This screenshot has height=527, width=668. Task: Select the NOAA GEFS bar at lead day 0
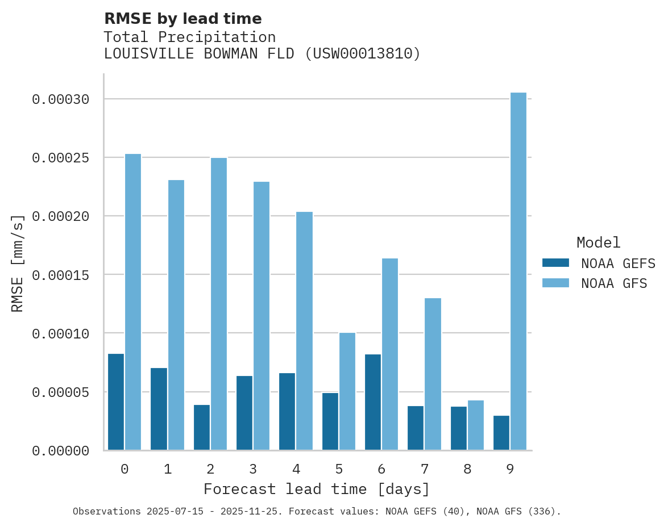(116, 402)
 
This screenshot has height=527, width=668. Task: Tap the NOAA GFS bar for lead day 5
(347, 391)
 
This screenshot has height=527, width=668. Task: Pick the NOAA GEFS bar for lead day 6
(373, 402)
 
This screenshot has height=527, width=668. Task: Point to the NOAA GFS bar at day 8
(476, 425)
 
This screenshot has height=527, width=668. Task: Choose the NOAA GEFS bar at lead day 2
(202, 428)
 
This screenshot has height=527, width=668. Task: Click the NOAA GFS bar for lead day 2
(219, 304)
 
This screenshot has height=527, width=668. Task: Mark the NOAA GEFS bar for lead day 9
(501, 433)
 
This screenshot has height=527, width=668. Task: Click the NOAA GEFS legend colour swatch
(555, 263)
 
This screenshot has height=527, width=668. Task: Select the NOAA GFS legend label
(614, 283)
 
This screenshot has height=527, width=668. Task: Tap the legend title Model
(598, 243)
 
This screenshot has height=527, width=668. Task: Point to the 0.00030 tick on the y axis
(61, 100)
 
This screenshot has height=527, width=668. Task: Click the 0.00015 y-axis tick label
(61, 275)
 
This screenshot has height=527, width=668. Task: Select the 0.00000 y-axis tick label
(61, 451)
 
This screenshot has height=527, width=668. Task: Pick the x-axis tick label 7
(425, 470)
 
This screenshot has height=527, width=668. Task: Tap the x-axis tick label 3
(253, 470)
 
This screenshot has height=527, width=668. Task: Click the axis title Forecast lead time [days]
(317, 490)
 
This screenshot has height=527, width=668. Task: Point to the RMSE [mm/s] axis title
(18, 263)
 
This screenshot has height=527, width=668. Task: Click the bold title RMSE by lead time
(183, 19)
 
